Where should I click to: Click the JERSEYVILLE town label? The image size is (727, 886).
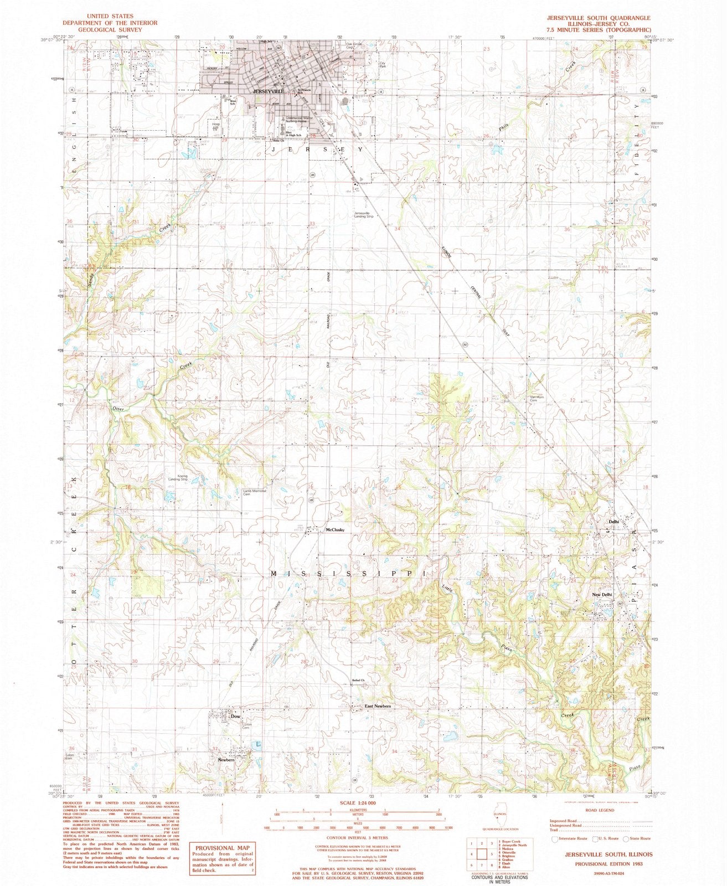pos(268,91)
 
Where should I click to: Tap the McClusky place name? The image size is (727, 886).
pos(335,530)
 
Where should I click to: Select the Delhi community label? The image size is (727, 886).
pos(613,522)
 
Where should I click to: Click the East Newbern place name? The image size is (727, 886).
pos(378,706)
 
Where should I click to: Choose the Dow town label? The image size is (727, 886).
pos(236,716)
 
